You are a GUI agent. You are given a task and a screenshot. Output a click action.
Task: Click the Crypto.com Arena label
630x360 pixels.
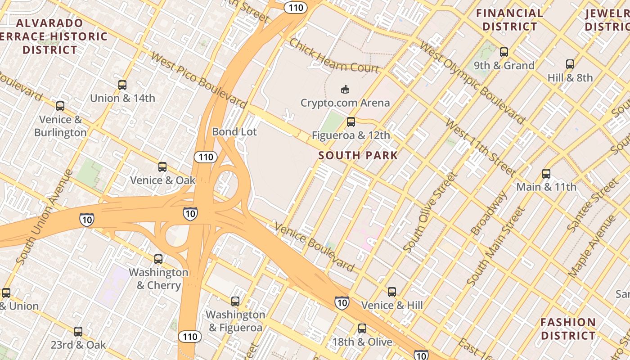345,103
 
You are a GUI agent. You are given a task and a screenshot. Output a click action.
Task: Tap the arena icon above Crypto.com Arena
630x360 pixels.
345,90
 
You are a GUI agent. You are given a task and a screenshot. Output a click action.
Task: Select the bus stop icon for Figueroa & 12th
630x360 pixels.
351,122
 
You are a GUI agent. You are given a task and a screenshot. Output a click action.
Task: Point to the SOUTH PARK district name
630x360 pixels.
358,156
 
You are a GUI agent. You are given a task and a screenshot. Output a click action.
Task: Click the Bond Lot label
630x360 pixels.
234,132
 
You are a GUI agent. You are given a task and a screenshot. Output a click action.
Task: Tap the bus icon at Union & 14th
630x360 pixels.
122,85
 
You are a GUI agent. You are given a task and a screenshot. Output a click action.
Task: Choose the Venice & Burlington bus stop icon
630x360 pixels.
60,106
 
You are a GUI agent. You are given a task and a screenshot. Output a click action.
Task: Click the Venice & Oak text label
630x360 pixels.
163,180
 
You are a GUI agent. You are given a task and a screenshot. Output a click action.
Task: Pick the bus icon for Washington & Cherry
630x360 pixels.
158,259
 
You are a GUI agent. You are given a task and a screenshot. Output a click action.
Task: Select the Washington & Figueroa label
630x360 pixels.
235,321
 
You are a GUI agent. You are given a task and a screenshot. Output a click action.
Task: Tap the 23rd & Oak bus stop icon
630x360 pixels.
78,332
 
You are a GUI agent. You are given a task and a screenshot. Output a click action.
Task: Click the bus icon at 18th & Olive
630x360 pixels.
362,328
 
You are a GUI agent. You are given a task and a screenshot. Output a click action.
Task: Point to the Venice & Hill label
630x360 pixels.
392,306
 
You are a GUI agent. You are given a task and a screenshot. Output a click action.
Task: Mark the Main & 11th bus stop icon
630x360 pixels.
546,174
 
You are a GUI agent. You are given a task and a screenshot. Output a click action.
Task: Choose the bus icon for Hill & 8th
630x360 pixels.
570,64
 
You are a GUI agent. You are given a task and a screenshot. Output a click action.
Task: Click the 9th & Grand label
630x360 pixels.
504,66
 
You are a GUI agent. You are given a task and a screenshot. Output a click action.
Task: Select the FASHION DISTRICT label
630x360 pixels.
568,329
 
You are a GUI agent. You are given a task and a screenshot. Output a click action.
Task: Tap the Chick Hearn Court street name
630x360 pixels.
334,56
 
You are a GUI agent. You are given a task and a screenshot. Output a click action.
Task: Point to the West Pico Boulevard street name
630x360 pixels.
199,81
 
